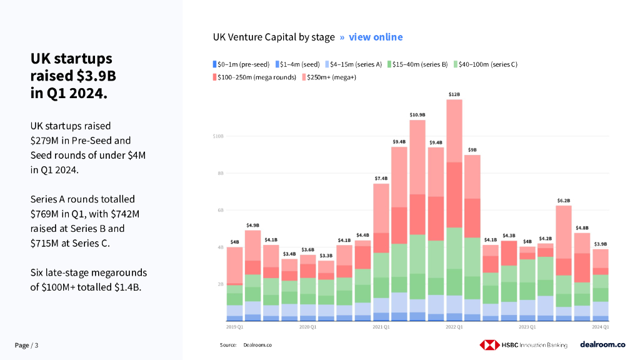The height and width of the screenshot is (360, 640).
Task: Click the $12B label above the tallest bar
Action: coord(454,94)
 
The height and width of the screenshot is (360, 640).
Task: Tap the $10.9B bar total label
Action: coord(417,115)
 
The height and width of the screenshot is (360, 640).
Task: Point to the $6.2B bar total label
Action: coord(564,201)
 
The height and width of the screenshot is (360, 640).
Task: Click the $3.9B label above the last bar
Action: coord(600,244)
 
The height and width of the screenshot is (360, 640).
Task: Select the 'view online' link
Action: coord(376,37)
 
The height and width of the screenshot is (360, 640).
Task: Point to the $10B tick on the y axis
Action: coord(218,136)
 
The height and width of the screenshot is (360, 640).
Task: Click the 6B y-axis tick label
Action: coord(220,210)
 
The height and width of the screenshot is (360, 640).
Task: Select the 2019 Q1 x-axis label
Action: coord(234,327)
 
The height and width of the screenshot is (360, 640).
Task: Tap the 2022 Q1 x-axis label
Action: coord(454,327)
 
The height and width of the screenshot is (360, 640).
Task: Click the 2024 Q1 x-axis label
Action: coord(600,327)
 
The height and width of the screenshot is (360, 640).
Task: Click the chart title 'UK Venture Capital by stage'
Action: coord(274,37)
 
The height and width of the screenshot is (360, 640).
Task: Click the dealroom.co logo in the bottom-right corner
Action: coord(602,344)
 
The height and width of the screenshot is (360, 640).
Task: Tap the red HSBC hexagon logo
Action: coord(489,344)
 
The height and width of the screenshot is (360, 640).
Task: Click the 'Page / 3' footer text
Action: coord(27,345)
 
